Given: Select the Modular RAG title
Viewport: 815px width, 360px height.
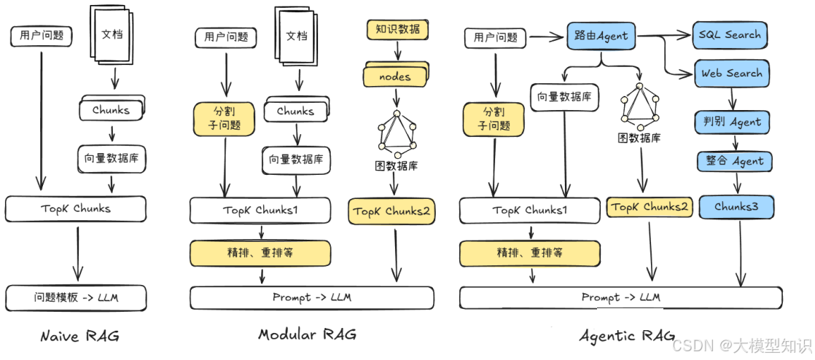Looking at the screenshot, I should coord(307,334).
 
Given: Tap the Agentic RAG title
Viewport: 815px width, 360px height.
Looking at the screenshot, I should coord(617,336).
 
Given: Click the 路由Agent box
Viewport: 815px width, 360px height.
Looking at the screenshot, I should coord(601,35).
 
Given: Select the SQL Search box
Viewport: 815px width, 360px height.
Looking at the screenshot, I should coord(729,34).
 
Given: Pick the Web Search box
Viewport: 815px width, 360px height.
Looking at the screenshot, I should coord(731,74).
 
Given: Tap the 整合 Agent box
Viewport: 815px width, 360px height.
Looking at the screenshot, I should coord(733,161).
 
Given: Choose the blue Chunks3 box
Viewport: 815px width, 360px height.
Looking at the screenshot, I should coord(736,207).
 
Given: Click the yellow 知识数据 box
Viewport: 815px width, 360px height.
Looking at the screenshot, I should coord(397,30).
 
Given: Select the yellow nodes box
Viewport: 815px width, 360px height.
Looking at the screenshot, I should coord(395,76).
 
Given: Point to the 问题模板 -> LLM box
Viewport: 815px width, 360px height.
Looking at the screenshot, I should coord(77,297).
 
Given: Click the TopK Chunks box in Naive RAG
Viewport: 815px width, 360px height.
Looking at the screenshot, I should coord(77,208).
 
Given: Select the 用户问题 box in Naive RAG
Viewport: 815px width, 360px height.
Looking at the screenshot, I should coord(41,35).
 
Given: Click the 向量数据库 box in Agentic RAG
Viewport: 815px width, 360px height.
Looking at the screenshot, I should coord(564,96).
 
